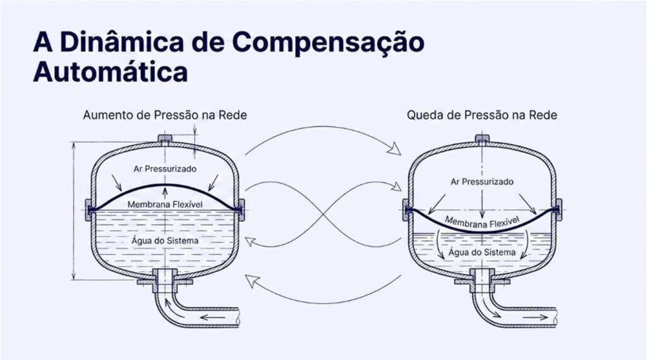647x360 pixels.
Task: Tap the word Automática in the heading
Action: pyautogui.click(x=110, y=72)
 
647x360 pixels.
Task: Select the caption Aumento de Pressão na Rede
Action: pyautogui.click(x=165, y=115)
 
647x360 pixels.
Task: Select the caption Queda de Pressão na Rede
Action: pyautogui.click(x=482, y=115)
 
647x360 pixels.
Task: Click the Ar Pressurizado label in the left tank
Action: pyautogui.click(x=165, y=169)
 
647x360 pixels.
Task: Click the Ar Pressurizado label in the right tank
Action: pyautogui.click(x=482, y=181)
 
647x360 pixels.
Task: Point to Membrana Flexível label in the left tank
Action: pyautogui.click(x=165, y=205)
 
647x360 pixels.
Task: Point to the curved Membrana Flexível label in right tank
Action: pyautogui.click(x=482, y=223)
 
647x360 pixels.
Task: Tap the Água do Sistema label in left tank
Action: pyautogui.click(x=165, y=241)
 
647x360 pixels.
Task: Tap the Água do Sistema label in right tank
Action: pyautogui.click(x=482, y=252)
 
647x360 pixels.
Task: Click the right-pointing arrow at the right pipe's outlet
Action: pyautogui.click(x=535, y=318)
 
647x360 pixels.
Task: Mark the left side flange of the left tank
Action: pyautogui.click(x=88, y=210)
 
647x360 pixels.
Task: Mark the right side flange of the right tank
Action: pyautogui.click(x=559, y=210)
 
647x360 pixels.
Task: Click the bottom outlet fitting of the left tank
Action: pyautogui.click(x=165, y=279)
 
